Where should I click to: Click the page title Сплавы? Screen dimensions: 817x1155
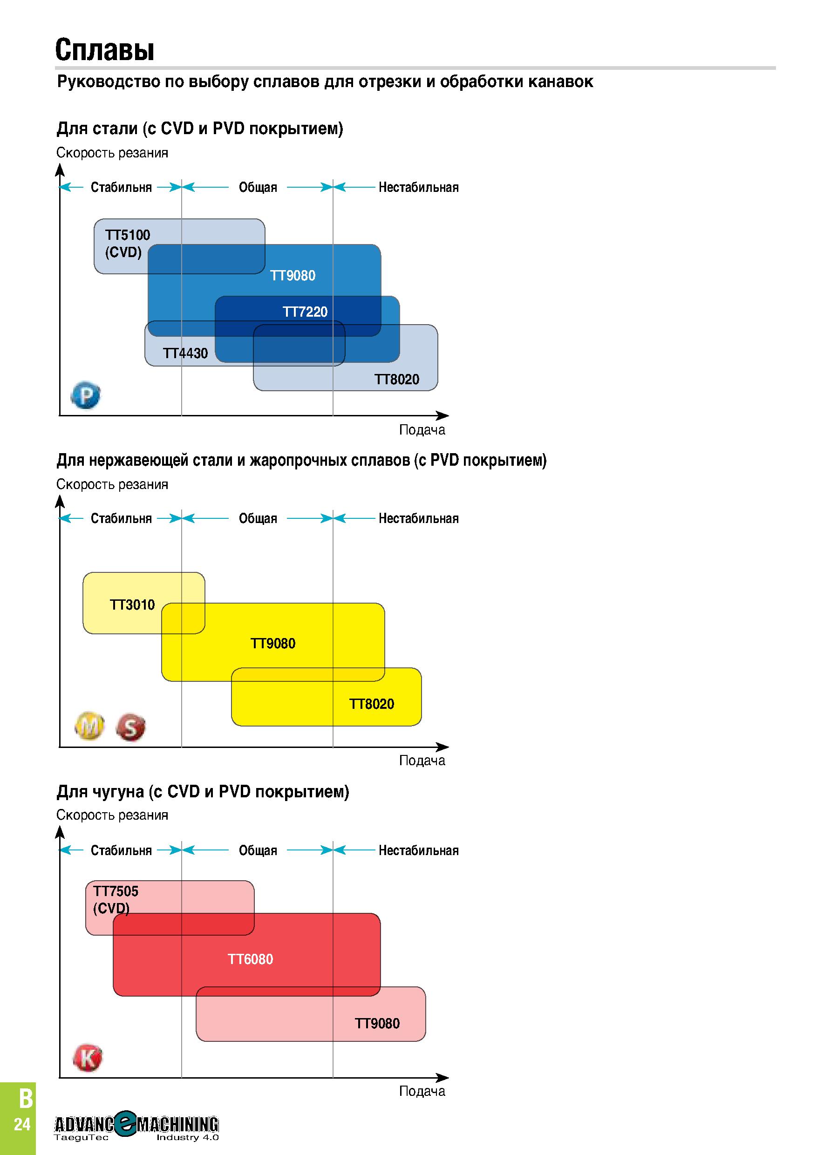(x=105, y=50)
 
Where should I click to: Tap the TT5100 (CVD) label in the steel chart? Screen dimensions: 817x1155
(x=127, y=244)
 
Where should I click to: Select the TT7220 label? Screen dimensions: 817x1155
(x=305, y=312)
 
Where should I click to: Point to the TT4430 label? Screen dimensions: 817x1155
(x=185, y=353)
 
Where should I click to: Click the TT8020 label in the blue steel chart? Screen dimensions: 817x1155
(x=396, y=379)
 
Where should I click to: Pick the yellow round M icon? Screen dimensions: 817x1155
(x=89, y=726)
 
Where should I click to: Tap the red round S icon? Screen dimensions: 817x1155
(x=130, y=727)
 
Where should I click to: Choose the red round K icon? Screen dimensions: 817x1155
(x=88, y=1058)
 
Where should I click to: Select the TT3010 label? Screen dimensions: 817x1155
(x=132, y=605)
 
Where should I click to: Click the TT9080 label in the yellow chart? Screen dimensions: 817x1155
(x=272, y=643)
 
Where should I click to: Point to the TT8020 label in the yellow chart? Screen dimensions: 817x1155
(x=371, y=704)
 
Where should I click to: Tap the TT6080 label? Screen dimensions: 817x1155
(x=251, y=959)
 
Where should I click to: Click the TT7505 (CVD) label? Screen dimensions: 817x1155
(x=116, y=899)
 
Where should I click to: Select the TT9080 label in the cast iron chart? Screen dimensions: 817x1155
(x=377, y=1023)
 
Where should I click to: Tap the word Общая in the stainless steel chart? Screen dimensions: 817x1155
(x=258, y=519)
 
